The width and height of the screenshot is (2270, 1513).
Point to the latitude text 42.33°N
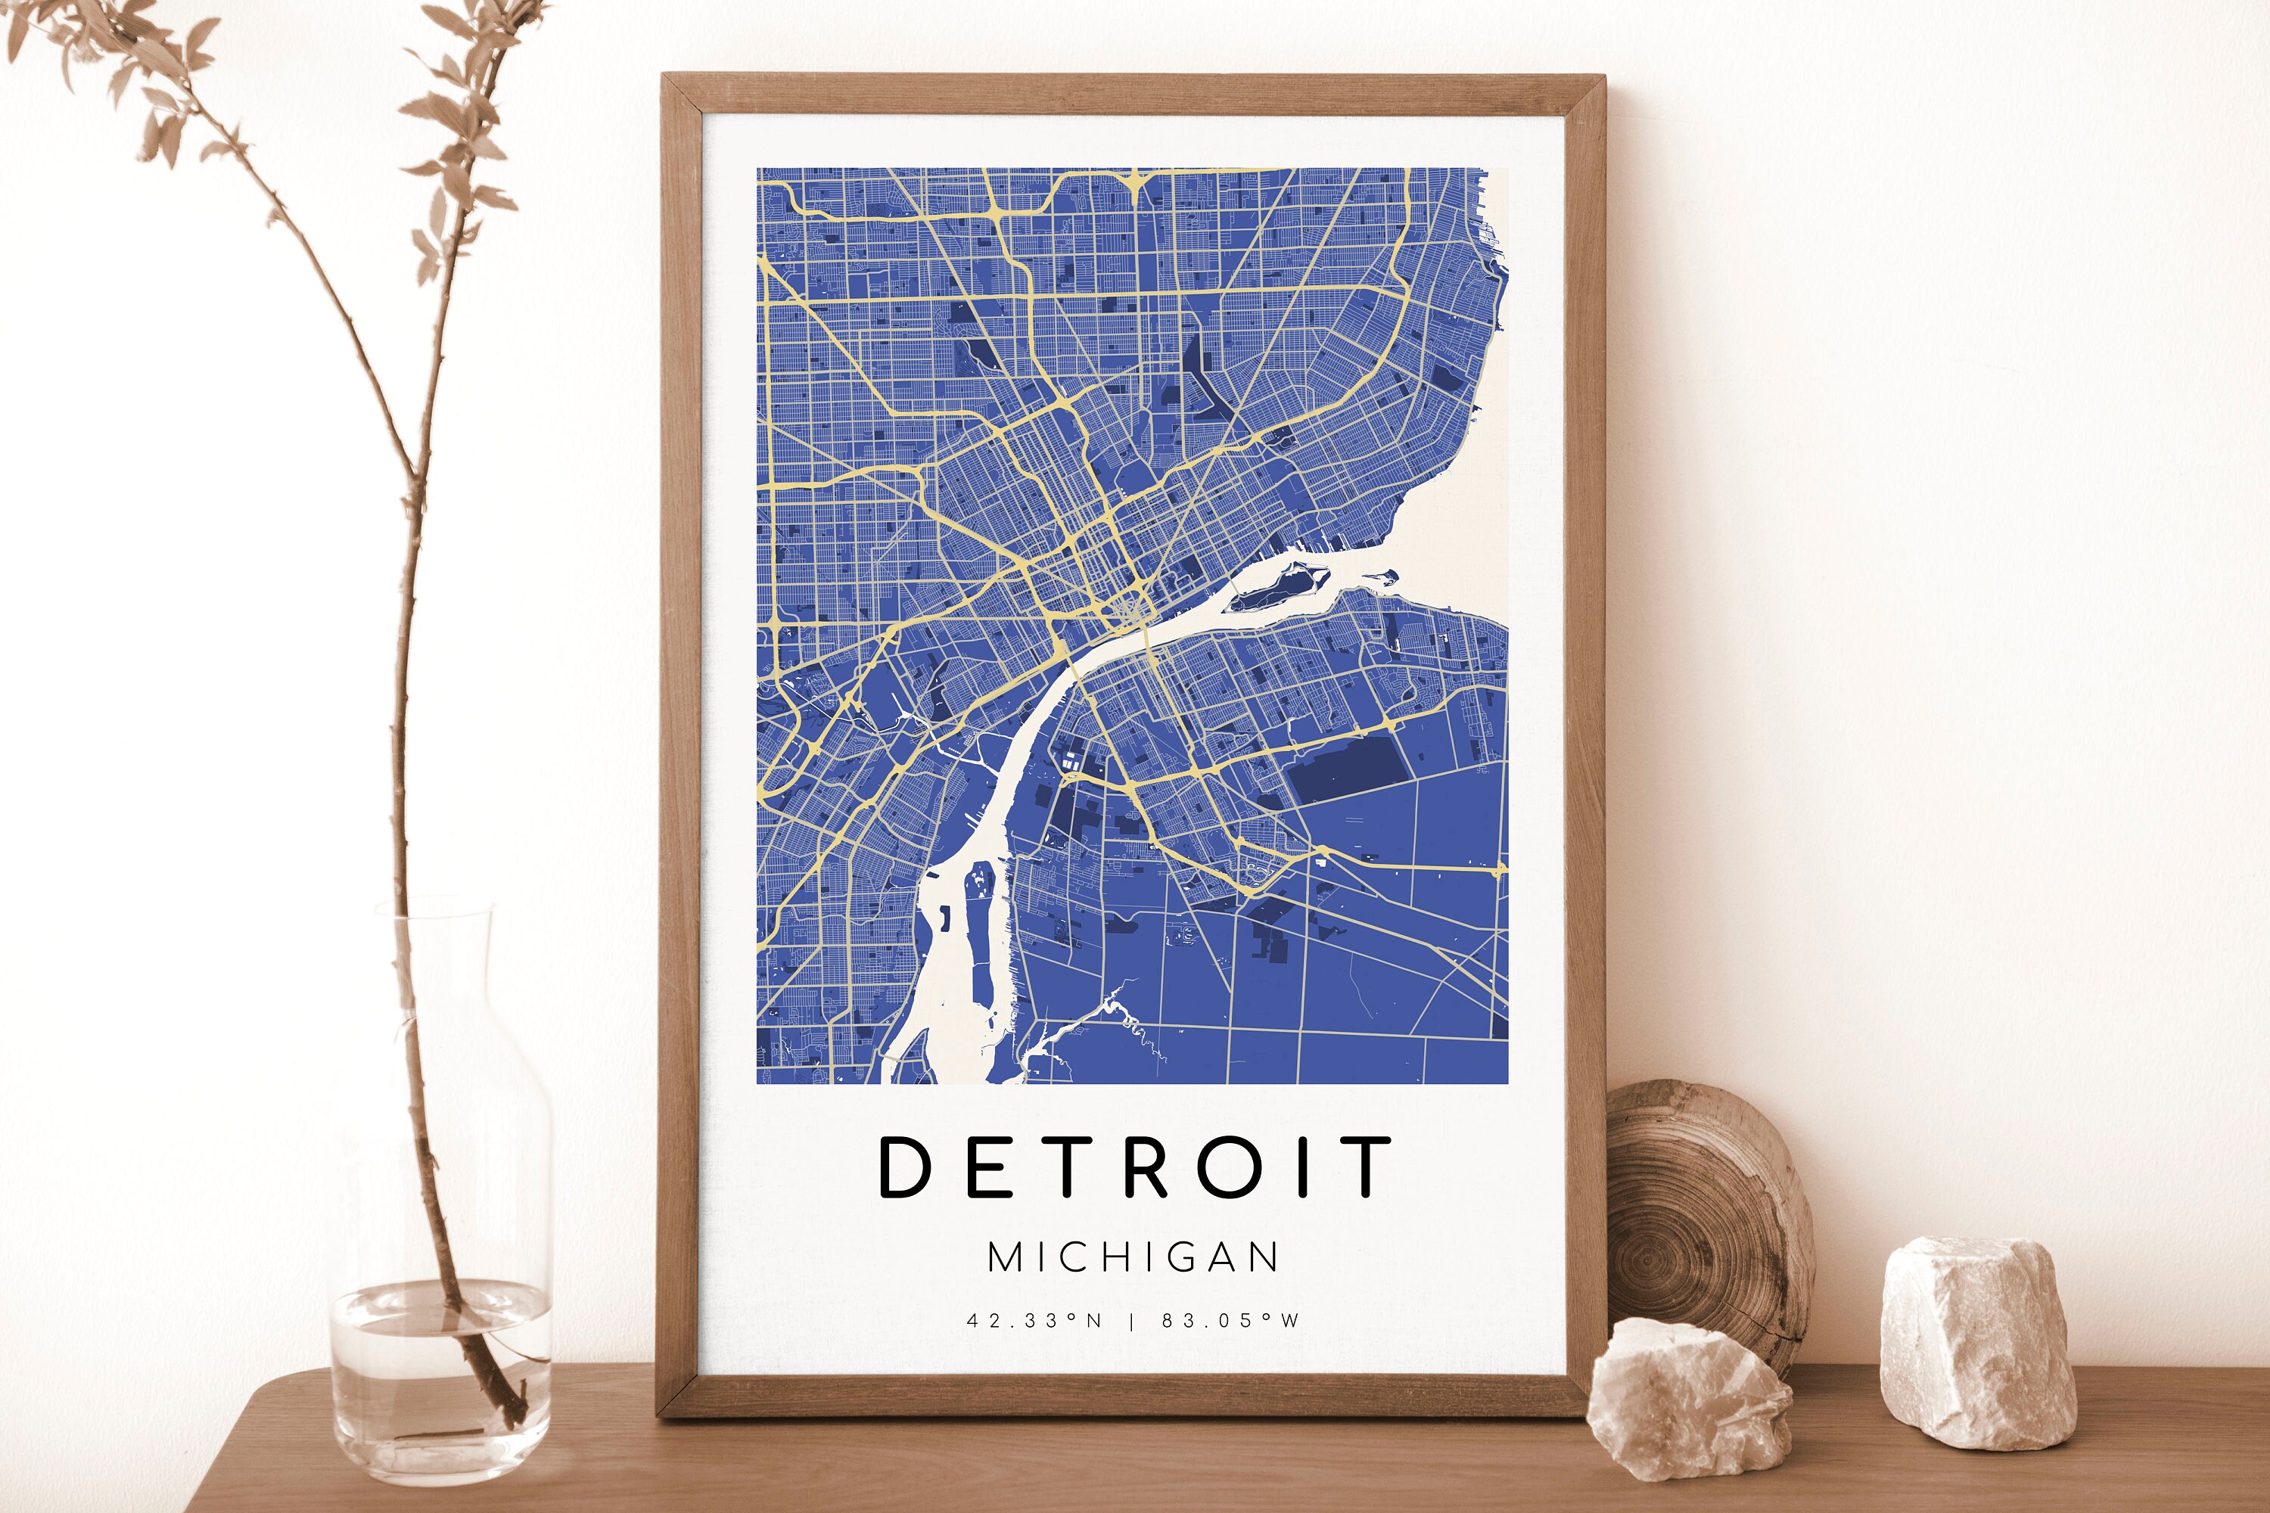tap(1034, 1321)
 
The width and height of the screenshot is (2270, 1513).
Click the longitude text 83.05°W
tap(1230, 1321)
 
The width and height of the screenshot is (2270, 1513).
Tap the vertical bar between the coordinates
tap(1133, 1321)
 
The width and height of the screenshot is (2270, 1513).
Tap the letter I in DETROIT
tap(1304, 1167)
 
